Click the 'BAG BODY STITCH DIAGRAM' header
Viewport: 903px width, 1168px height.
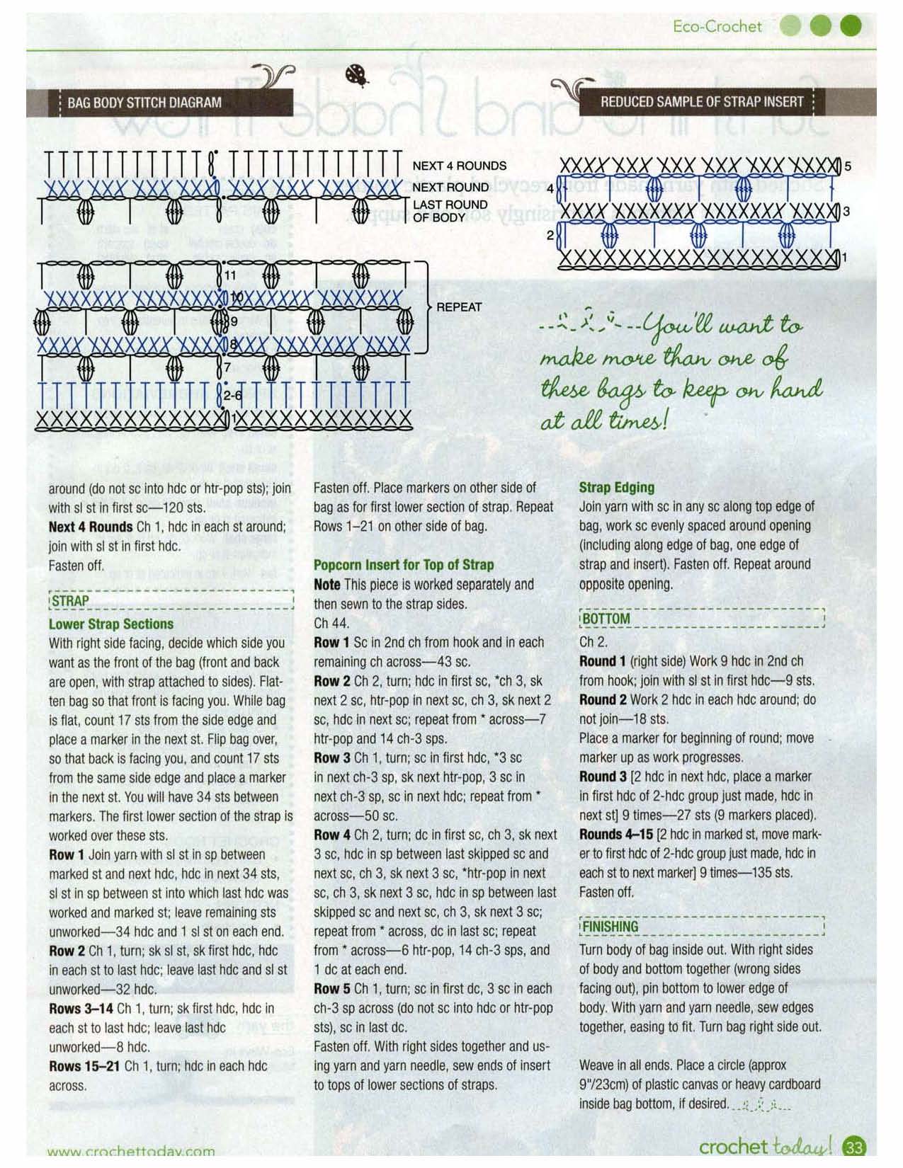click(x=144, y=103)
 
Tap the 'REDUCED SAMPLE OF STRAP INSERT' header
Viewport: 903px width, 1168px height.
click(x=702, y=102)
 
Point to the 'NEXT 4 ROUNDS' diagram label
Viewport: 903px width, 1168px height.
click(x=459, y=166)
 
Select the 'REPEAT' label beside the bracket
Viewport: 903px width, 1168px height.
click(x=459, y=307)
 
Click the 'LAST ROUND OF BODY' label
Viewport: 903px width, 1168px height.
click(x=450, y=211)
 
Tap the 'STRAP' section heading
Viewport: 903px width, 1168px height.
click(x=70, y=601)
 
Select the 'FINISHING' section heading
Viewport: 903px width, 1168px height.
click(x=610, y=927)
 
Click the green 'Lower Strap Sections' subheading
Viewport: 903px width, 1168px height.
click(x=110, y=624)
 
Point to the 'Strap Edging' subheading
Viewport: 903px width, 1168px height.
click(x=616, y=488)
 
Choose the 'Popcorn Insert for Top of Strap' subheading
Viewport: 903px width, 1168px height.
click(x=404, y=565)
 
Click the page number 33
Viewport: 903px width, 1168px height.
click(x=855, y=1147)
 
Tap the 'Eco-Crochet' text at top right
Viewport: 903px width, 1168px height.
click(x=717, y=27)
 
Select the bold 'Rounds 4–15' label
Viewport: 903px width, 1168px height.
click(x=616, y=835)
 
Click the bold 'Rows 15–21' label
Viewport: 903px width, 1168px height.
click(x=84, y=1066)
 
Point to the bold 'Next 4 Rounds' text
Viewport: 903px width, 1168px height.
click(x=90, y=527)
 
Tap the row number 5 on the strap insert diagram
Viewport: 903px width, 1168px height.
click(x=848, y=167)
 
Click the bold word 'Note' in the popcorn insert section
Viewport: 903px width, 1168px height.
click(x=326, y=585)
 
